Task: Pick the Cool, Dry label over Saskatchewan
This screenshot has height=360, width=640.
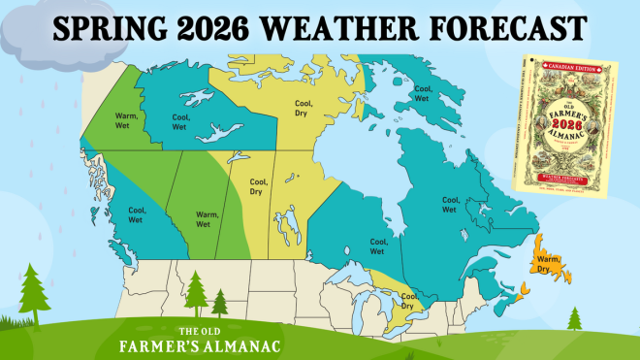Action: click(x=258, y=186)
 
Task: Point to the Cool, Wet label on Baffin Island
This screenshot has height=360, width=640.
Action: click(x=421, y=93)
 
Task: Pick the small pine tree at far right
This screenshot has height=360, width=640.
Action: click(x=575, y=317)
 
